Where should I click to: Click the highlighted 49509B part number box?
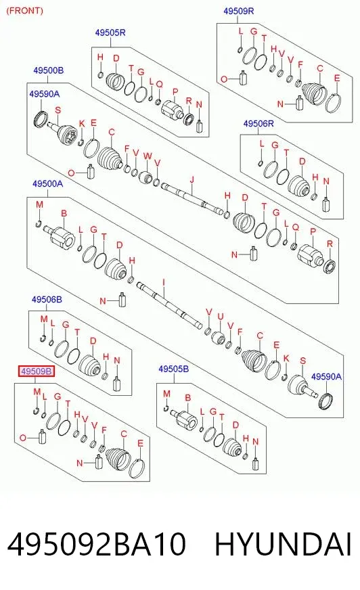(x=37, y=371)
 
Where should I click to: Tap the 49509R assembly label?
(x=238, y=11)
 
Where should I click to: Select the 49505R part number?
(x=110, y=32)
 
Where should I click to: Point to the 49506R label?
(x=258, y=123)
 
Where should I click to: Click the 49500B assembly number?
(x=48, y=70)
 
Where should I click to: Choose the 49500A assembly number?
(x=47, y=183)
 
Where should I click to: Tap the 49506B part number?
(x=47, y=300)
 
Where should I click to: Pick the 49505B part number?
(x=173, y=369)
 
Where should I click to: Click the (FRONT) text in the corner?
(x=25, y=11)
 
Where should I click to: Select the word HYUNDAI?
(x=283, y=545)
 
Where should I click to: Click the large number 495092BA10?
(x=96, y=545)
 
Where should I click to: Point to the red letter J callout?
(x=192, y=180)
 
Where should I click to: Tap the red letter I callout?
(x=164, y=282)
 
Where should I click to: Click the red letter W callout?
(x=148, y=156)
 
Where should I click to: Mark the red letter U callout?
(x=221, y=317)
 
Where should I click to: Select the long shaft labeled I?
(x=169, y=304)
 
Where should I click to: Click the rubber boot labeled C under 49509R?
(x=314, y=93)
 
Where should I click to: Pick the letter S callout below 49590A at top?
(x=58, y=110)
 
